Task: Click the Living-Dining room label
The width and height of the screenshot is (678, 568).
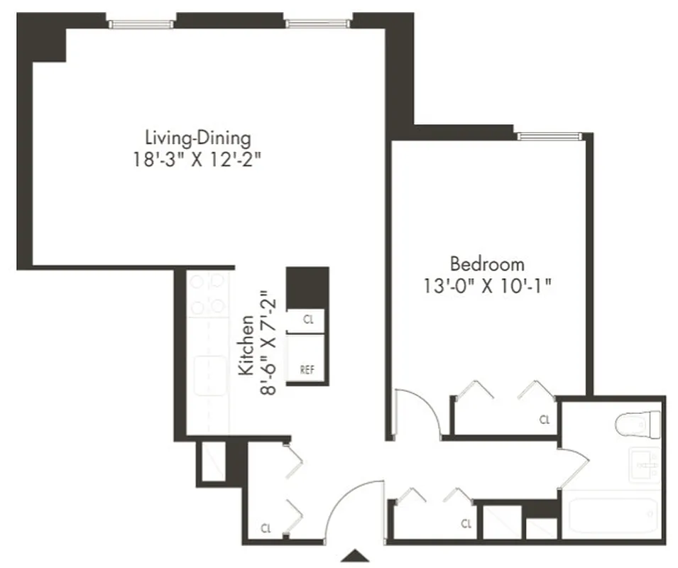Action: (x=197, y=136)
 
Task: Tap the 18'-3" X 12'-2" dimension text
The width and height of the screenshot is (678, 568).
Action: (x=197, y=159)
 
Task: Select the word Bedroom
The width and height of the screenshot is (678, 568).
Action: (x=488, y=265)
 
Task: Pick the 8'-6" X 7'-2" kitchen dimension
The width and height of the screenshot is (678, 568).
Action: (x=268, y=342)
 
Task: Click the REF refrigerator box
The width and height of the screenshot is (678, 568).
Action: (x=307, y=370)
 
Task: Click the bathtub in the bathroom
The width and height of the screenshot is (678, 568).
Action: (x=614, y=517)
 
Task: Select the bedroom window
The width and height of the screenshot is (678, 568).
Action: (x=549, y=136)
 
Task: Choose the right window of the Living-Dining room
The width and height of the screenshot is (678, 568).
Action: (x=317, y=24)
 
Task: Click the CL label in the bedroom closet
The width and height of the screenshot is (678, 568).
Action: (x=545, y=420)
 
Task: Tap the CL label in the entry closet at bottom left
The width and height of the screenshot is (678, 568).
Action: (x=266, y=528)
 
